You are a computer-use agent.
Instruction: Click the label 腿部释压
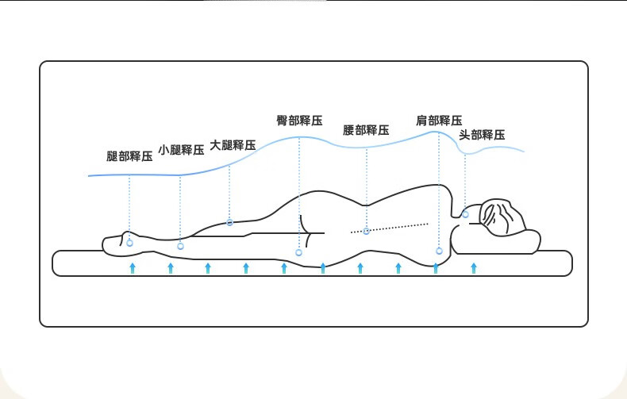(129, 156)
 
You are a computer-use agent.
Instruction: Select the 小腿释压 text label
(182, 149)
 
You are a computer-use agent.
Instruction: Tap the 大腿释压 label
(233, 145)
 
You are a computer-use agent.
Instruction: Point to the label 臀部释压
(299, 121)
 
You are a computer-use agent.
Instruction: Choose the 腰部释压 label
(366, 130)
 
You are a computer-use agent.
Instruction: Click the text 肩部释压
(439, 121)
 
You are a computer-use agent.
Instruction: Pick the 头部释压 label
(482, 135)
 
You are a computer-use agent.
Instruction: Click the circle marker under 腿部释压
(129, 242)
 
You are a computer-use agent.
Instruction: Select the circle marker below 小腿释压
(180, 246)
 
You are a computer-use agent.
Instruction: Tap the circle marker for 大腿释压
(230, 222)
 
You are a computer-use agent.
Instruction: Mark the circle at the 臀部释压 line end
(299, 252)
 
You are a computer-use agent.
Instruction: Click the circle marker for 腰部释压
(366, 231)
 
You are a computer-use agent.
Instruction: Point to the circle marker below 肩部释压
(439, 251)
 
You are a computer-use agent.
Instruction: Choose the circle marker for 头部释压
(465, 213)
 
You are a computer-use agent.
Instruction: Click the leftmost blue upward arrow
(133, 267)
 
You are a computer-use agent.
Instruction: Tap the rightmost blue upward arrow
(474, 267)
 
